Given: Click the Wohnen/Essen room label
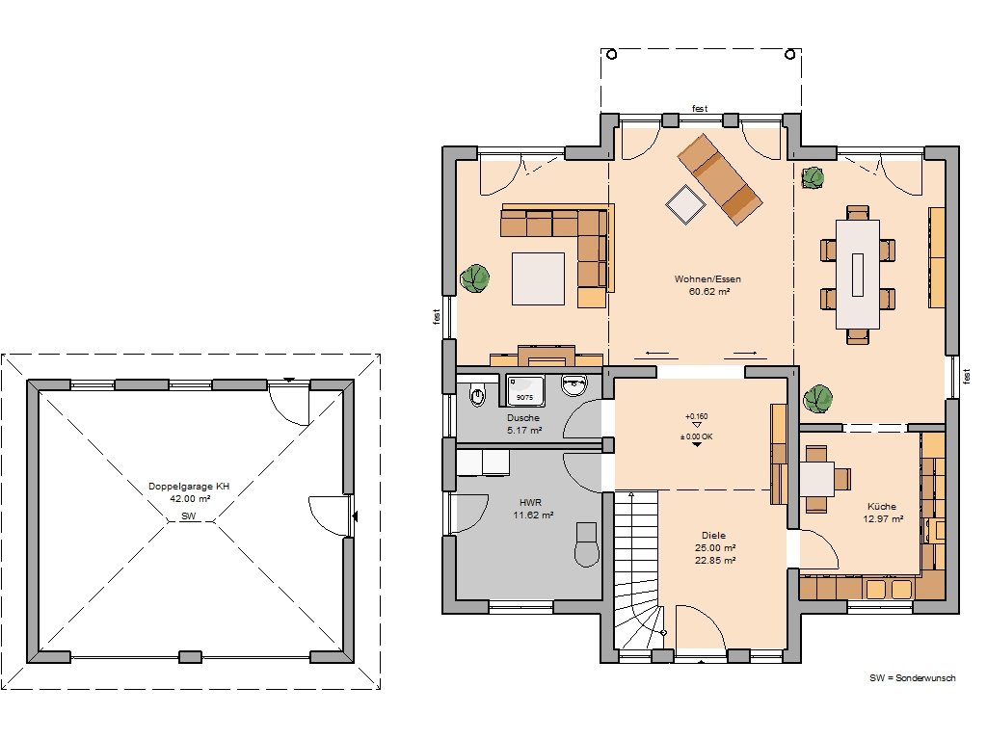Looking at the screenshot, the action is pyautogui.click(x=707, y=278).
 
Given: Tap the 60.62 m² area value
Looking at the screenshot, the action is pyautogui.click(x=709, y=291).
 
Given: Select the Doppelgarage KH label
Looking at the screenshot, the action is pyautogui.click(x=189, y=487).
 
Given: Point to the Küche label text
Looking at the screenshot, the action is pyautogui.click(x=882, y=507).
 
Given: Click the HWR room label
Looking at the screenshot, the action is pyautogui.click(x=531, y=503).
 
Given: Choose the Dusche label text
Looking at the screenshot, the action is pyautogui.click(x=523, y=418).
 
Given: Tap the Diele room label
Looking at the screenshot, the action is pyautogui.click(x=713, y=536).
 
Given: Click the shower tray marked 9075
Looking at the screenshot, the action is pyautogui.click(x=524, y=391).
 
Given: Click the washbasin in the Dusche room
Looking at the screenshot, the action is pyautogui.click(x=574, y=385).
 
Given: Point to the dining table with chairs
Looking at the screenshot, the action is pyautogui.click(x=857, y=274).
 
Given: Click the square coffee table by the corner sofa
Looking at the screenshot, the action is pyautogui.click(x=538, y=278).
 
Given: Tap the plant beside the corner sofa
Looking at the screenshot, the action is pyautogui.click(x=474, y=277).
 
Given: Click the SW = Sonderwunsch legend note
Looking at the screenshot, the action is pyautogui.click(x=913, y=677).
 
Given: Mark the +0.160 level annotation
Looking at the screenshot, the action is pyautogui.click(x=696, y=416).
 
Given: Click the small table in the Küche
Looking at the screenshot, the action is pyautogui.click(x=817, y=478).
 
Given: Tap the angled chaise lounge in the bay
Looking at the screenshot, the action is pyautogui.click(x=719, y=178).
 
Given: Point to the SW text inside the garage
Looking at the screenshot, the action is pyautogui.click(x=189, y=516).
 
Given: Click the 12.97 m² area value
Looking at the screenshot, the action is pyautogui.click(x=883, y=519).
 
